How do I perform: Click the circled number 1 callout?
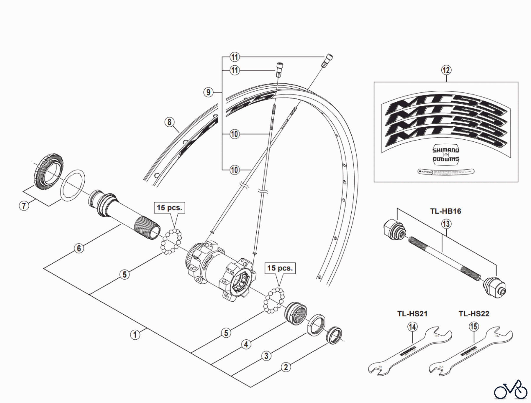[x=135, y=335]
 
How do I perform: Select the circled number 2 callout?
[x=286, y=367]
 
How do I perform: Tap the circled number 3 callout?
[x=266, y=356]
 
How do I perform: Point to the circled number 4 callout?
[x=246, y=344]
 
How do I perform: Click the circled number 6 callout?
[x=79, y=248]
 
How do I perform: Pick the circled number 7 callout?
[x=24, y=205]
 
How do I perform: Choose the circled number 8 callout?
[x=169, y=122]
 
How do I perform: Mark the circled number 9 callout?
[x=208, y=92]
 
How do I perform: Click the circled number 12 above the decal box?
[x=446, y=70]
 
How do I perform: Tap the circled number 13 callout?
[x=446, y=224]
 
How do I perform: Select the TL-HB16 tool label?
[x=445, y=211]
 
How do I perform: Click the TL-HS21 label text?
[x=412, y=314]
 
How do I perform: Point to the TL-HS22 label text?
[x=474, y=314]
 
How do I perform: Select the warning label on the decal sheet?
[x=446, y=171]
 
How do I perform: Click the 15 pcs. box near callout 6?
[x=169, y=208]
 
